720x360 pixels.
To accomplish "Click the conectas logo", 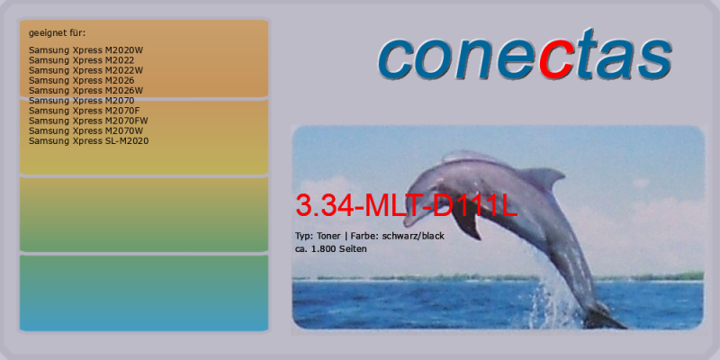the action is pyautogui.click(x=525, y=54).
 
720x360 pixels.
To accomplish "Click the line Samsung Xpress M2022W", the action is pyautogui.click(x=85, y=70).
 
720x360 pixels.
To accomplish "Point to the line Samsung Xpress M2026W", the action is pyautogui.click(x=85, y=91).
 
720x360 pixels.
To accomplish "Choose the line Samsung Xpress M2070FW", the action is pyautogui.click(x=88, y=121).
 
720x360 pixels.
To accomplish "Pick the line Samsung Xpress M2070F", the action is pyautogui.click(x=84, y=111).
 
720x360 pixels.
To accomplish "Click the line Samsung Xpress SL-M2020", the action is pyautogui.click(x=88, y=141).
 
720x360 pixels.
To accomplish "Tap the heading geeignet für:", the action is pyautogui.click(x=57, y=33).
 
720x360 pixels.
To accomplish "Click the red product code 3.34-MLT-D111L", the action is pyautogui.click(x=407, y=206).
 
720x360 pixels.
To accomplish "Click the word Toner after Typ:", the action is pyautogui.click(x=328, y=237).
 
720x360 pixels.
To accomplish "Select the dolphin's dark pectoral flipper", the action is pyautogui.click(x=466, y=221).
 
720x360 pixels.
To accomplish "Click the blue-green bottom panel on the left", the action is pyautogui.click(x=144, y=293).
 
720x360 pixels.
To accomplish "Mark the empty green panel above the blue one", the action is pyautogui.click(x=144, y=214).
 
